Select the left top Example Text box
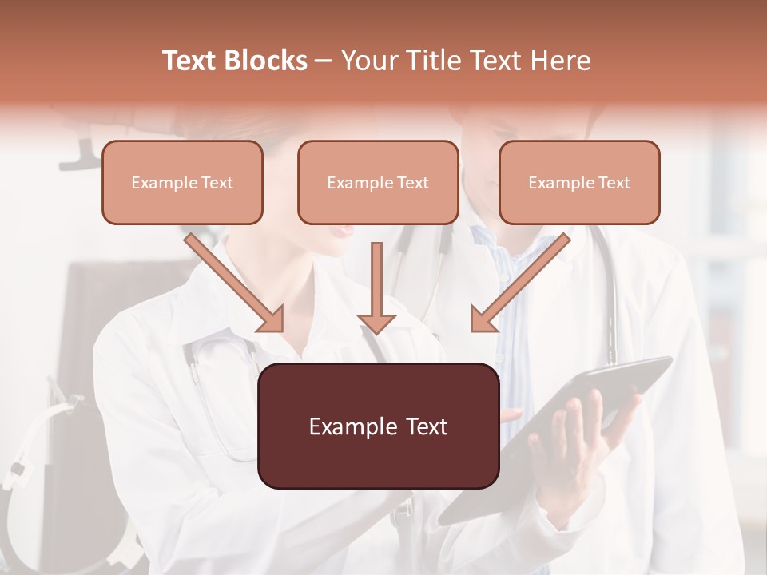coord(182,183)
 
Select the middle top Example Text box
coord(378,183)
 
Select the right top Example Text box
coord(579,183)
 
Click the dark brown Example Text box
coord(378,426)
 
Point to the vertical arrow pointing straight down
coord(376,287)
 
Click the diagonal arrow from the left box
coord(234,283)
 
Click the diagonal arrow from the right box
coord(521,283)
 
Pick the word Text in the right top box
coord(614,183)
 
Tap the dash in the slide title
coord(324,61)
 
